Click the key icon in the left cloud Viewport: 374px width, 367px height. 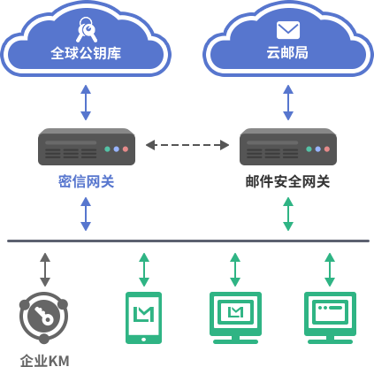[x=86, y=29]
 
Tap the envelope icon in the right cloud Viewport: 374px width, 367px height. [x=288, y=30]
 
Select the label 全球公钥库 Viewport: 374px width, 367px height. [x=86, y=53]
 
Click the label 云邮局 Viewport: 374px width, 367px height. [x=287, y=53]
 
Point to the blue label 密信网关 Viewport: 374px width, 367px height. [x=86, y=181]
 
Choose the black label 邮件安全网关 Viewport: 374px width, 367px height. [x=287, y=181]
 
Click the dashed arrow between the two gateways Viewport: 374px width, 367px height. [x=187, y=145]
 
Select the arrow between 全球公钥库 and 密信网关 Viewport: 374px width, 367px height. [x=86, y=103]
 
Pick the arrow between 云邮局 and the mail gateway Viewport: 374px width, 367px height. [x=288, y=103]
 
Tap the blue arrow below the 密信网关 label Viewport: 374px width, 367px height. [x=86, y=214]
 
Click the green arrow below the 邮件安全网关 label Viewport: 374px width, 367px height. [x=288, y=214]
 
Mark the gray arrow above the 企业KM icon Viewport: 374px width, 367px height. [x=45, y=270]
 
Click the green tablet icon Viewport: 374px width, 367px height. [x=143, y=317]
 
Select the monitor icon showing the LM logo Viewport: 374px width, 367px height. [x=235, y=317]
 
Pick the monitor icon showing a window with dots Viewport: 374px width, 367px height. [x=330, y=317]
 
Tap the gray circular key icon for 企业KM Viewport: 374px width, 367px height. [x=44, y=317]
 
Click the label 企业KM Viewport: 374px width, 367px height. [x=45, y=361]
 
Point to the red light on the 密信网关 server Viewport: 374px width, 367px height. [x=126, y=149]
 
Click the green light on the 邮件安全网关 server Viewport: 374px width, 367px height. [x=309, y=149]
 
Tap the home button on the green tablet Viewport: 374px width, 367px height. [x=143, y=340]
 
